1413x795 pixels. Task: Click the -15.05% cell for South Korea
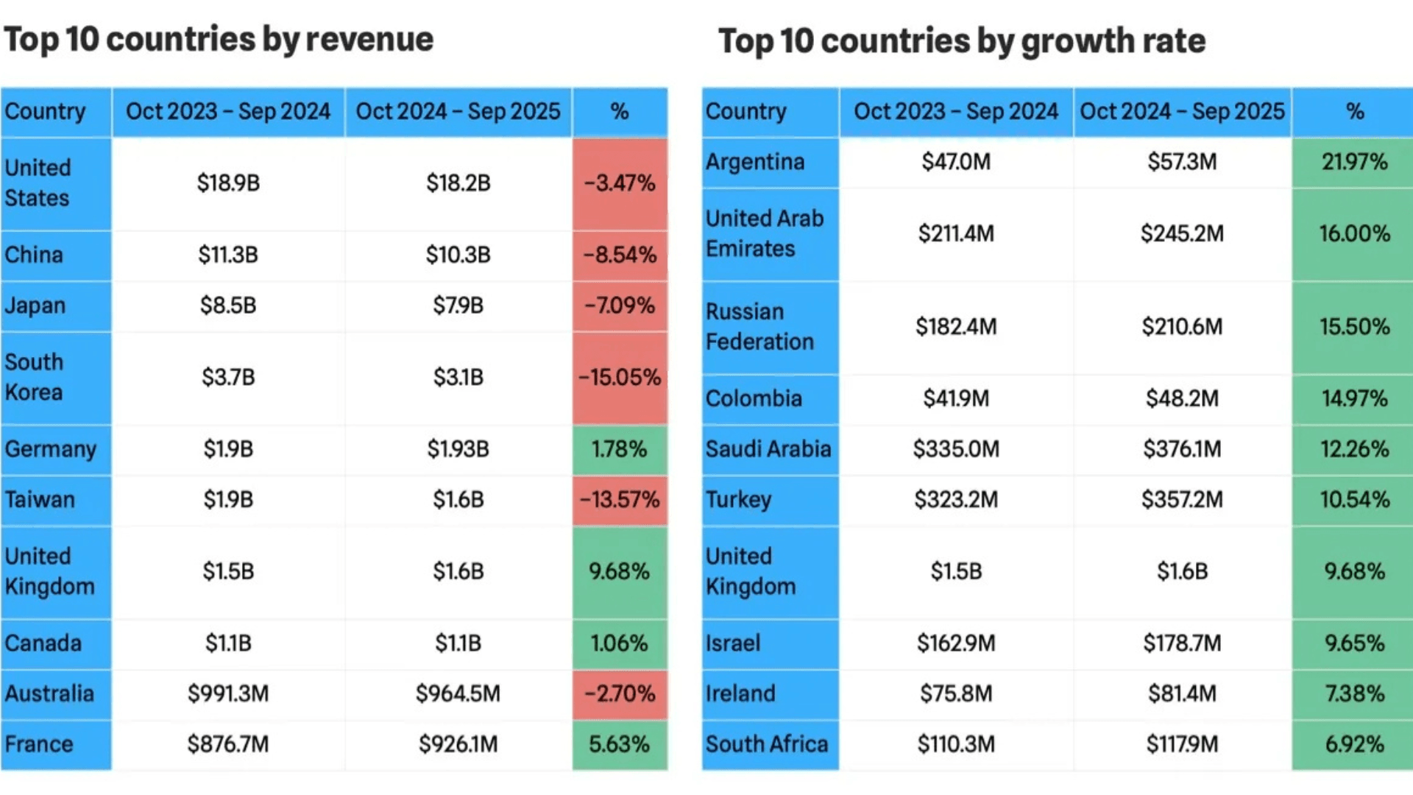(x=620, y=378)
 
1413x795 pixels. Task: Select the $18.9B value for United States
(x=228, y=183)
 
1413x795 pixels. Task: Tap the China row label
(x=34, y=255)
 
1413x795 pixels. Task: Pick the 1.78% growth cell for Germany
(x=620, y=449)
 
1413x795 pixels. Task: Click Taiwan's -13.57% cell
(x=620, y=500)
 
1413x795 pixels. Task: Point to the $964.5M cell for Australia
(x=458, y=693)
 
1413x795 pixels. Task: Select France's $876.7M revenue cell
(x=228, y=744)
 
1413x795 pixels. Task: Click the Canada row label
(x=43, y=643)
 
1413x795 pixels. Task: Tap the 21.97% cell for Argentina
(x=1354, y=162)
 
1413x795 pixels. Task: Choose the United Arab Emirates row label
(x=764, y=233)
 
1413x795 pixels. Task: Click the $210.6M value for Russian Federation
(x=1182, y=327)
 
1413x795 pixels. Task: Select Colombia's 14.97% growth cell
(x=1354, y=398)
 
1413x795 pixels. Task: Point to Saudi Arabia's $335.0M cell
(x=956, y=449)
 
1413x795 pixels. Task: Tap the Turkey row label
(x=738, y=500)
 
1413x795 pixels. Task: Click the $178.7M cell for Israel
(x=1182, y=643)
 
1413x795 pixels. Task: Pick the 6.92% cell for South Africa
(x=1354, y=744)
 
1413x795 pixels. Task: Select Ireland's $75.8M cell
(x=956, y=693)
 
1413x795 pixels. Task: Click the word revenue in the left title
(x=369, y=39)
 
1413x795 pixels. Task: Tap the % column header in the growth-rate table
(x=1354, y=112)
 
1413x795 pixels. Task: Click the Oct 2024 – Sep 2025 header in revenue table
(x=458, y=112)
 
